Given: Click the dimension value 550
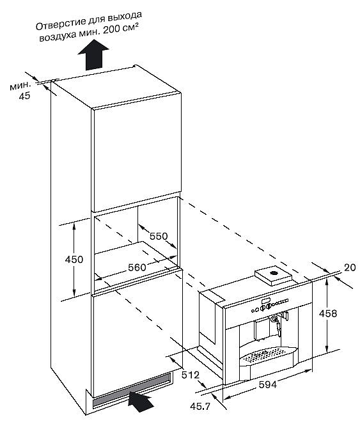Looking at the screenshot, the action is pos(159,236).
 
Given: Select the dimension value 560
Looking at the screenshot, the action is pos(137,267).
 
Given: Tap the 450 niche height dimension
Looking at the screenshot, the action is pos(74,259).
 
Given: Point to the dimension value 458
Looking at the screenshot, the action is pos(328,313).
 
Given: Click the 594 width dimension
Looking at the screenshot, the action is pos(268,384).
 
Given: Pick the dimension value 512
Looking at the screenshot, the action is pos(191,375).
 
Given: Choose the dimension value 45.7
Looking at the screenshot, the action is pos(200,407).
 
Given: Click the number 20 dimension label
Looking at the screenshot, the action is pos(350,267).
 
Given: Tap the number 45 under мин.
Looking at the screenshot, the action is pos(24,96).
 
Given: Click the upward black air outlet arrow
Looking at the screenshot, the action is pos(93,55).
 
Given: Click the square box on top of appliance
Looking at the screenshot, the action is pos(273,276).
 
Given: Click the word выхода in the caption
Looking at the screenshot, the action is pos(125,17).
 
